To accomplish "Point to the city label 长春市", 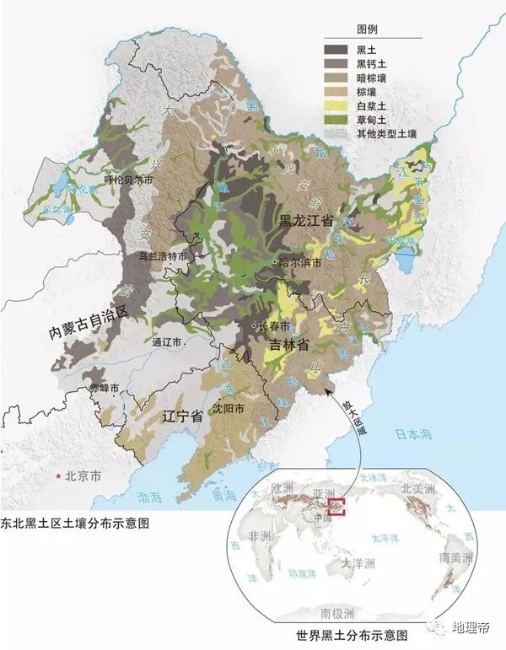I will pos(274,327).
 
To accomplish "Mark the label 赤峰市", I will pos(104,389).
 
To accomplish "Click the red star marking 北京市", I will pos(58,477).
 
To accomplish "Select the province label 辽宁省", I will pos(183,416).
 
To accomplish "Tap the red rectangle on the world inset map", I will pos(337,507).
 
